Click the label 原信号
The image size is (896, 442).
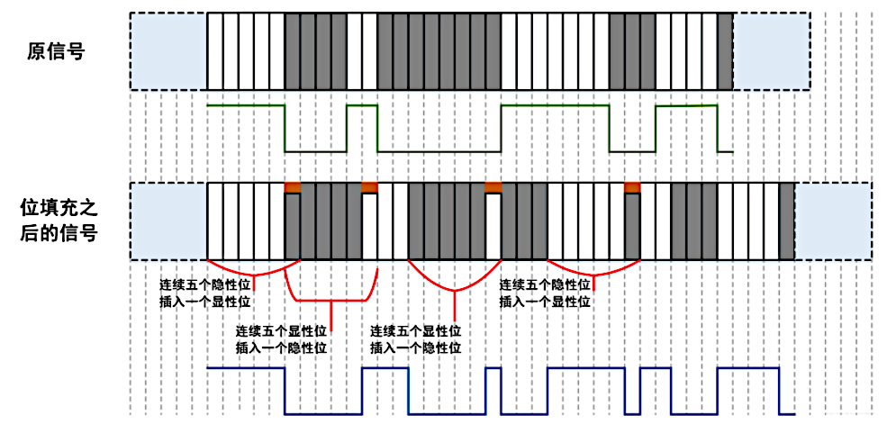[x=57, y=51]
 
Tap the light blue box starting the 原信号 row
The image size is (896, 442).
[x=168, y=50]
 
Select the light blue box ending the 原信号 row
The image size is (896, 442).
[x=772, y=50]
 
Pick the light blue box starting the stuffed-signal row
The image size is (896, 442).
[x=168, y=221]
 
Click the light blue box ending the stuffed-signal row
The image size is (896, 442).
[x=833, y=221]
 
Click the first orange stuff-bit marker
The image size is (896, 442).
[x=293, y=187]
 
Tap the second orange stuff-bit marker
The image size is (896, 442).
[x=369, y=187]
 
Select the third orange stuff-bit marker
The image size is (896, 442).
[x=493, y=187]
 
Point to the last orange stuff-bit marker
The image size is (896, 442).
[x=632, y=187]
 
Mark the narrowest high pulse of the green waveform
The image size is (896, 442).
[x=362, y=106]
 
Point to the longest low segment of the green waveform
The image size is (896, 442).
[x=439, y=150]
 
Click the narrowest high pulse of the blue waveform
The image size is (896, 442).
[x=493, y=368]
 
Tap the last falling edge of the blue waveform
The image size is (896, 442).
[x=779, y=391]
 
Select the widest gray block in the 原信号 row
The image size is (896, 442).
[x=439, y=50]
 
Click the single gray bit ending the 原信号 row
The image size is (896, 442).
[x=726, y=50]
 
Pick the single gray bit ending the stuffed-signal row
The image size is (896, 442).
[x=786, y=221]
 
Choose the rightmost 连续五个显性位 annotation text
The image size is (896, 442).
[x=417, y=329]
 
